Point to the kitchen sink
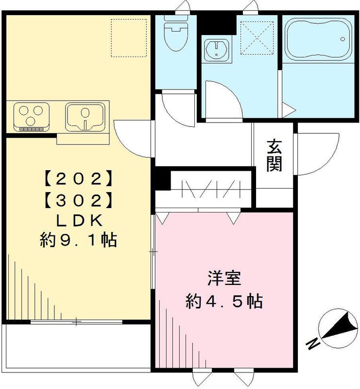click(86, 116)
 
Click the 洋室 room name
click(224, 281)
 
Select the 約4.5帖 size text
click(224, 302)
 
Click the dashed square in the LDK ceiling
click(130, 38)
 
